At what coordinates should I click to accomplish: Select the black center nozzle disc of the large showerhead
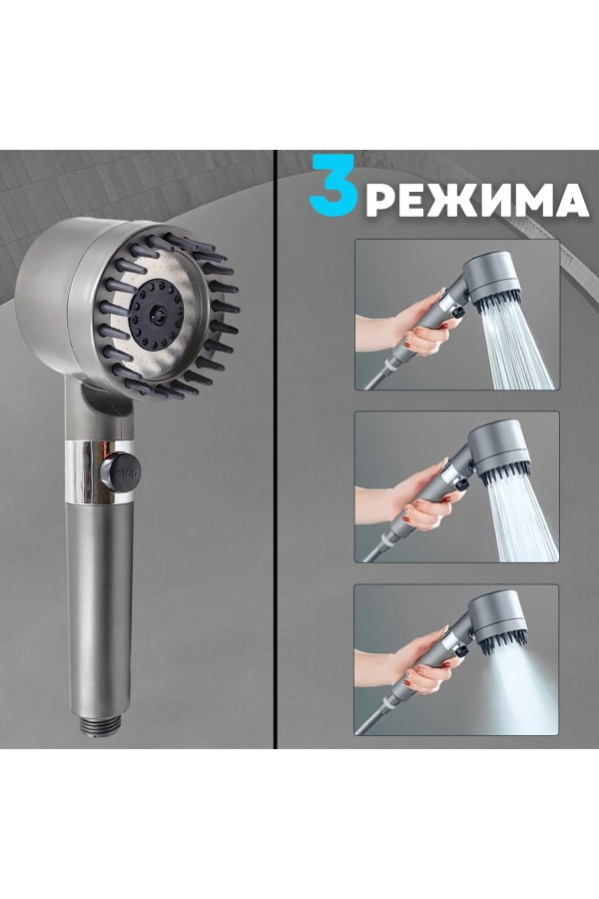pyautogui.click(x=157, y=315)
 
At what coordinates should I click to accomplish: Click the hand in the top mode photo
pyautogui.click(x=404, y=330)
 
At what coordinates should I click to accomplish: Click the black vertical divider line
pyautogui.click(x=276, y=449)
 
